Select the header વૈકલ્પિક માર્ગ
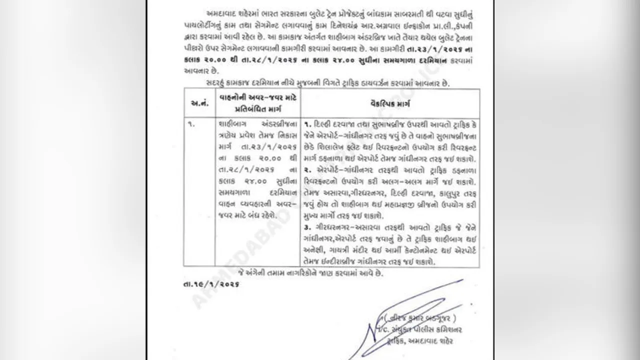[390, 103]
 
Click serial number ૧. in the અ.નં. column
[191, 123]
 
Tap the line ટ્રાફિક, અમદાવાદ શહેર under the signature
[422, 341]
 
